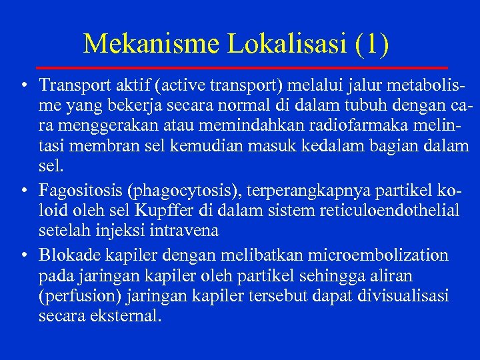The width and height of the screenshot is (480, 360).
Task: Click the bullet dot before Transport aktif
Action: (23, 86)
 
